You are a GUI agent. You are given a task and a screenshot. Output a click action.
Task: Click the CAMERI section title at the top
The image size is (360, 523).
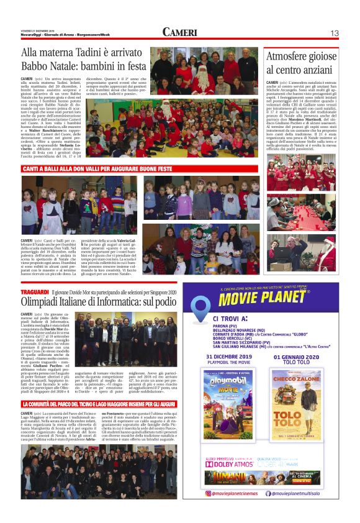180,32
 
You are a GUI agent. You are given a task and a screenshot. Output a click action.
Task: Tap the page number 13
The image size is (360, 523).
334,33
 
